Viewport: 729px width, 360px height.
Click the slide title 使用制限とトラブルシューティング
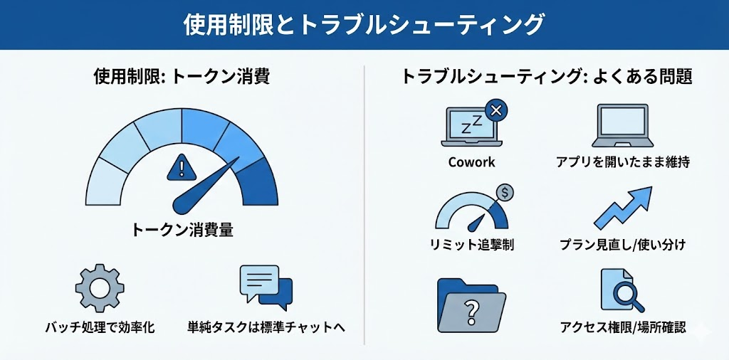pyautogui.click(x=363, y=25)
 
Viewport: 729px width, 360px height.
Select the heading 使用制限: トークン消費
pyautogui.click(x=182, y=76)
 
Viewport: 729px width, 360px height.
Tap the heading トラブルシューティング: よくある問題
pyautogui.click(x=547, y=76)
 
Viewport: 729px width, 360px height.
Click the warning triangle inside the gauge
pyautogui.click(x=182, y=167)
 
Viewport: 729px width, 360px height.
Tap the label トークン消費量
pyautogui.click(x=182, y=230)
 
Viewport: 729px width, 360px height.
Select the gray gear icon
pyautogui.click(x=100, y=288)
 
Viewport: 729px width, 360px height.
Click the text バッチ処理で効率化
pyautogui.click(x=100, y=327)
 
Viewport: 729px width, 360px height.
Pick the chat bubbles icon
pyautogui.click(x=266, y=287)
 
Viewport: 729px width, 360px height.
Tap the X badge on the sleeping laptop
pyautogui.click(x=495, y=110)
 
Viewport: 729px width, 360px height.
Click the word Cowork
pyautogui.click(x=471, y=162)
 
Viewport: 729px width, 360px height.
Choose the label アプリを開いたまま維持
pyautogui.click(x=622, y=162)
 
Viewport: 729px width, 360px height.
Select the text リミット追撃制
pyautogui.click(x=472, y=244)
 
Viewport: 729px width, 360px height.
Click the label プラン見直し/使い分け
pyautogui.click(x=622, y=244)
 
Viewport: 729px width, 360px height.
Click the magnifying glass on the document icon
pyautogui.click(x=626, y=295)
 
